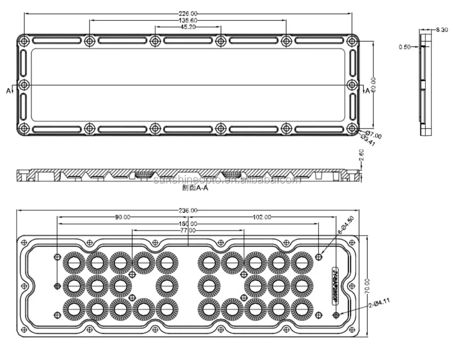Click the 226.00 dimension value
point(188,14)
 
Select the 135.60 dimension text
point(188,20)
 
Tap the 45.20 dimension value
point(188,27)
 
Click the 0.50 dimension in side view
point(405,47)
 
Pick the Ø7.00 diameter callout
point(374,135)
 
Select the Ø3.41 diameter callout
point(369,141)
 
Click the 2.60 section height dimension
point(361,156)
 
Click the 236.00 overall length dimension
point(188,210)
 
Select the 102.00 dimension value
point(261,217)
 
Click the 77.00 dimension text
point(188,230)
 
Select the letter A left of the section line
point(8,91)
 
